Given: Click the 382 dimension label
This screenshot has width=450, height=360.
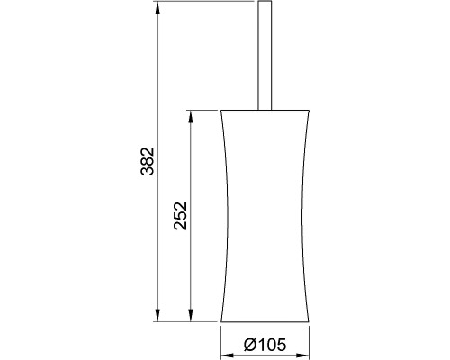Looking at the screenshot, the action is click(x=148, y=161).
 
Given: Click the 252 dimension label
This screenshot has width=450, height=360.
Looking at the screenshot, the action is click(x=180, y=216).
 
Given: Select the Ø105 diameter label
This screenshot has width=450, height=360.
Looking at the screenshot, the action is click(x=265, y=345).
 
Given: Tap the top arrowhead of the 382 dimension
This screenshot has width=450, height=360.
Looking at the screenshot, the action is click(x=157, y=8).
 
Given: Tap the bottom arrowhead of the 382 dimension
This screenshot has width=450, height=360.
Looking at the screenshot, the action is click(x=157, y=315).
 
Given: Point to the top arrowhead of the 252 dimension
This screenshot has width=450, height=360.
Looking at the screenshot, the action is click(x=190, y=117).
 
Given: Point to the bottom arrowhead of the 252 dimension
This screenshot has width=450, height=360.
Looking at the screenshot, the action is click(x=190, y=315).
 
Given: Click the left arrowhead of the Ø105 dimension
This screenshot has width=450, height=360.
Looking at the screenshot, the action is click(x=228, y=355).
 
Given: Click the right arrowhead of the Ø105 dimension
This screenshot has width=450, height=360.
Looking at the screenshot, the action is click(x=302, y=355).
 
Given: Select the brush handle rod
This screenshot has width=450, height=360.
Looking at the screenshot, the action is click(x=265, y=56).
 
